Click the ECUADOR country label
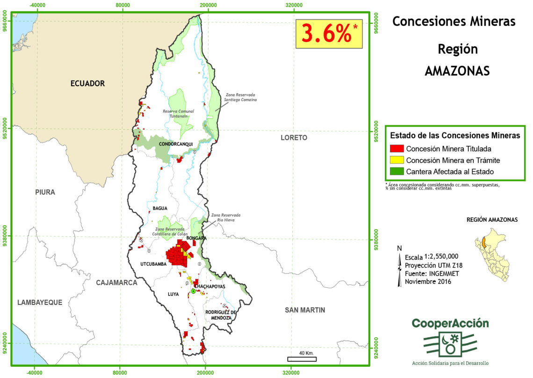click(87, 84)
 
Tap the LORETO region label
click(294, 138)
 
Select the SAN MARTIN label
click(305, 310)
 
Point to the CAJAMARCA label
click(117, 283)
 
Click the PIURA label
click(45, 192)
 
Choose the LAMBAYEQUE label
click(40, 302)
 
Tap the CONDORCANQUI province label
click(176, 144)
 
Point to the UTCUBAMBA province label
click(153, 264)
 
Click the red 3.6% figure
click(326, 34)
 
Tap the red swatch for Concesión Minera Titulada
click(396, 149)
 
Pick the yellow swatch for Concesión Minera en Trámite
click(396, 160)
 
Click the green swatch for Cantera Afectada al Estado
click(396, 172)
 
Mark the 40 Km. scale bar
click(302, 359)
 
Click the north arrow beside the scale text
click(399, 267)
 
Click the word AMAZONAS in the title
click(457, 71)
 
